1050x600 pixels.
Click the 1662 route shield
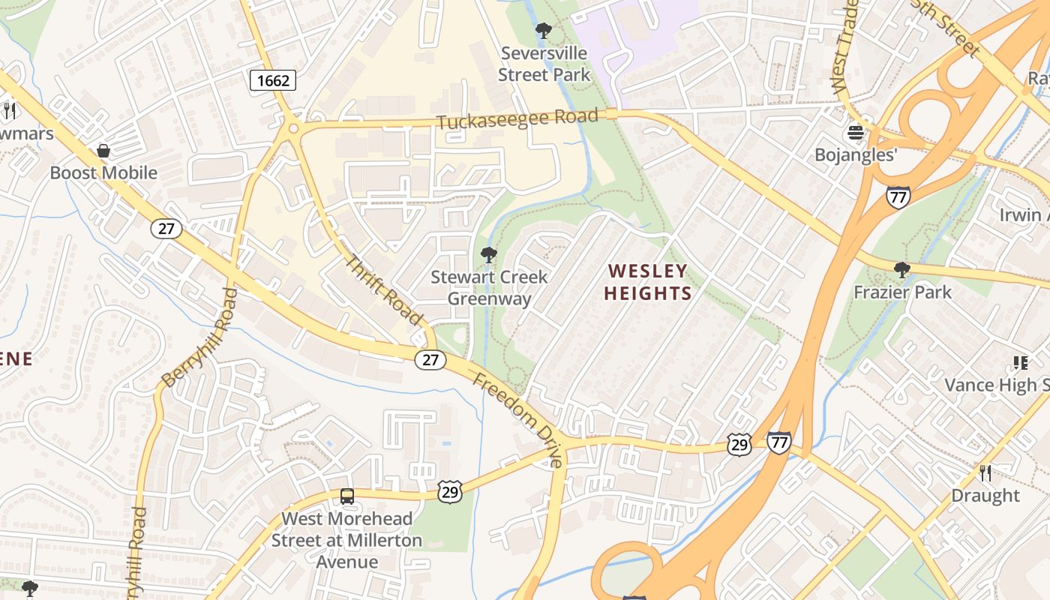[x=272, y=79]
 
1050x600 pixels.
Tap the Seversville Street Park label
[x=544, y=64]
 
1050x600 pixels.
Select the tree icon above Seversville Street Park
[x=543, y=31]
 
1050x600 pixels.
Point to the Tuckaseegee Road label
[x=518, y=120]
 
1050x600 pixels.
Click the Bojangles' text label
[x=856, y=154]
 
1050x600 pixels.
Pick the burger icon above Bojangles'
[x=855, y=133]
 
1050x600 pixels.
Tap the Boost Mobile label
[x=103, y=172]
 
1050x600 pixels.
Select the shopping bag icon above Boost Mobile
[x=103, y=151]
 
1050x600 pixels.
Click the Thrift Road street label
[x=383, y=289]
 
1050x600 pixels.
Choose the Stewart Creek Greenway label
[x=489, y=287]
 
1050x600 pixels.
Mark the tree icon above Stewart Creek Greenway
[x=489, y=255]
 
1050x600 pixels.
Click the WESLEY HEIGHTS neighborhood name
[x=648, y=281]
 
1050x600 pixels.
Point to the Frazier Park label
[x=902, y=292]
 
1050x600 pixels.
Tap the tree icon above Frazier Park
[x=901, y=270]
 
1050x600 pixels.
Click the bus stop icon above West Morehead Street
[x=346, y=496]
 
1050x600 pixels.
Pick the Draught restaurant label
[x=985, y=495]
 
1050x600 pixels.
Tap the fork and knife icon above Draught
[x=985, y=473]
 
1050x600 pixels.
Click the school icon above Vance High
[x=1020, y=364]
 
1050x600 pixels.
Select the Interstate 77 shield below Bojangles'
[x=898, y=197]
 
